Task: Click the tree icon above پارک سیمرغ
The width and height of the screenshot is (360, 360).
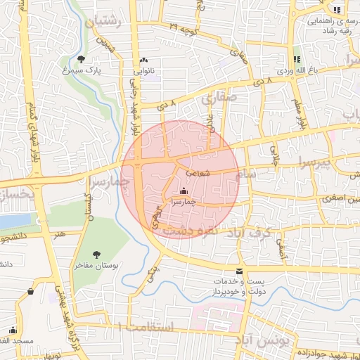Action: (x=82, y=59)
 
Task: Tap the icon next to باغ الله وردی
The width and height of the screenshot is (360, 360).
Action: (x=296, y=58)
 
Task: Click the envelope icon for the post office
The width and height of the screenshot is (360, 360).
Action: (x=240, y=271)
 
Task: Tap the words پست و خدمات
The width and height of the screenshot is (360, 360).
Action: (x=225, y=281)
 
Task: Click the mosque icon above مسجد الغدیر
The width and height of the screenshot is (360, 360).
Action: (x=13, y=330)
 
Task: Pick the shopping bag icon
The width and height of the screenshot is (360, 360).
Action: (x=30, y=291)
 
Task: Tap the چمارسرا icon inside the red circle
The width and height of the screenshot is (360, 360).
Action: (x=184, y=191)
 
